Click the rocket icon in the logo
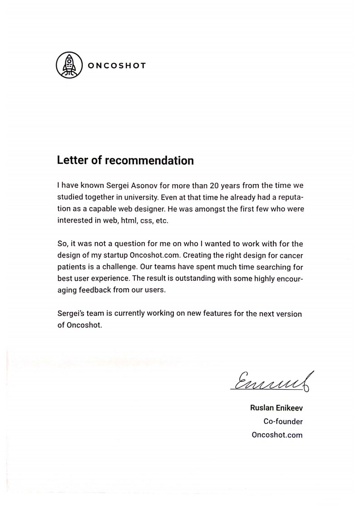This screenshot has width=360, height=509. click(69, 65)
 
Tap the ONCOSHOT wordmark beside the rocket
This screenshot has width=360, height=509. click(117, 65)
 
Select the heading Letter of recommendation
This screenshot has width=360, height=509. click(125, 160)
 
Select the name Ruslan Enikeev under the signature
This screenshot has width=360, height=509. click(276, 408)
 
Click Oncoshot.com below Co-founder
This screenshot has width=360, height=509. click(277, 435)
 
